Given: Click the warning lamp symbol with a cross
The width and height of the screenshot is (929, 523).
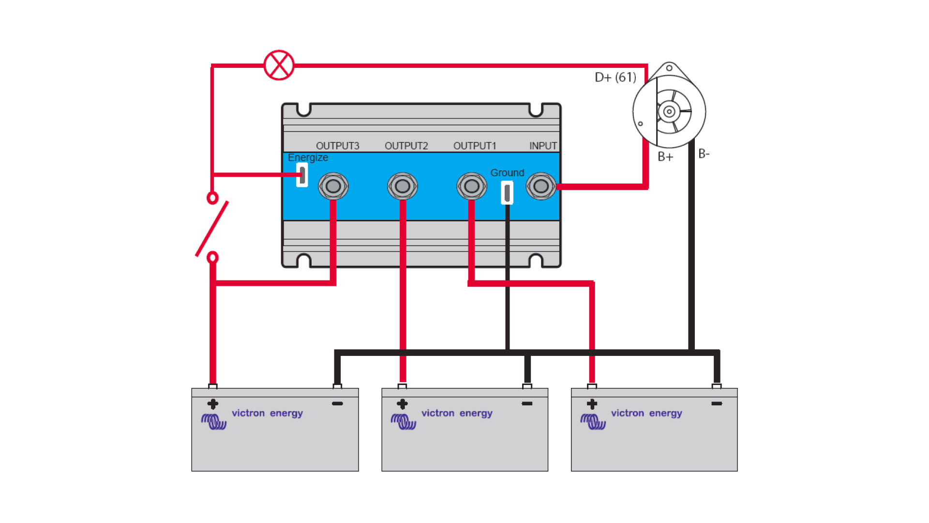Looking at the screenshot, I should point(279,65).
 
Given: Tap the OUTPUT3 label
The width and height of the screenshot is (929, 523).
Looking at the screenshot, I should point(337,146).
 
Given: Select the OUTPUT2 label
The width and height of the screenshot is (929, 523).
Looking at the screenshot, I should point(406,146).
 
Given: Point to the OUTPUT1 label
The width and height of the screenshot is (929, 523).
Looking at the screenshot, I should point(475,146).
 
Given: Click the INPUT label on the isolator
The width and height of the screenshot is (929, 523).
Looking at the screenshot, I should point(543,146).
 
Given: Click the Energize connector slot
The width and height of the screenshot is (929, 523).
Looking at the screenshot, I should point(302,175).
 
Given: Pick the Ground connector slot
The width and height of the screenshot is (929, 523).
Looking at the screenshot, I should point(507,193).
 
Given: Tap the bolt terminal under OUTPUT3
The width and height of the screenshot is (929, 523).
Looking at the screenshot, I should point(333,186).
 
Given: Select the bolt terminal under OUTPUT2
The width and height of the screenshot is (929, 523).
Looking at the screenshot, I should point(402,186).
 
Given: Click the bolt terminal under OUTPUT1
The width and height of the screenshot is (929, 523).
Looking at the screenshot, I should point(472,186).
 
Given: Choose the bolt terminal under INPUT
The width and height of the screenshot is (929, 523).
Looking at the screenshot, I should point(541,186).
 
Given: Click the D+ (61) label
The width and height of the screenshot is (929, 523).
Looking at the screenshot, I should point(615,77).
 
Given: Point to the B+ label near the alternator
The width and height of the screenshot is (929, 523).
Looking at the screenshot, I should point(665,157).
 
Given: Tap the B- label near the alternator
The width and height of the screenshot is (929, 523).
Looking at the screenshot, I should point(704,154).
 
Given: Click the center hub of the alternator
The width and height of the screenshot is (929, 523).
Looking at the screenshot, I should point(669,112).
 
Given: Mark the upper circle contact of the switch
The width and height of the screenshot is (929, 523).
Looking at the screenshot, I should point(212,198).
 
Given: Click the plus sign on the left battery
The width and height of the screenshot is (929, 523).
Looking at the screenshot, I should point(212,404).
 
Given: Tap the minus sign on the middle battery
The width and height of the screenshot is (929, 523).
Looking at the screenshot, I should point(527,403).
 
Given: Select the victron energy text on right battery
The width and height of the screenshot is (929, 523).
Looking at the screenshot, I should point(646,413).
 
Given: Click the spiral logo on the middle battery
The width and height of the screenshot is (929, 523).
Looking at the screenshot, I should point(403,421).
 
